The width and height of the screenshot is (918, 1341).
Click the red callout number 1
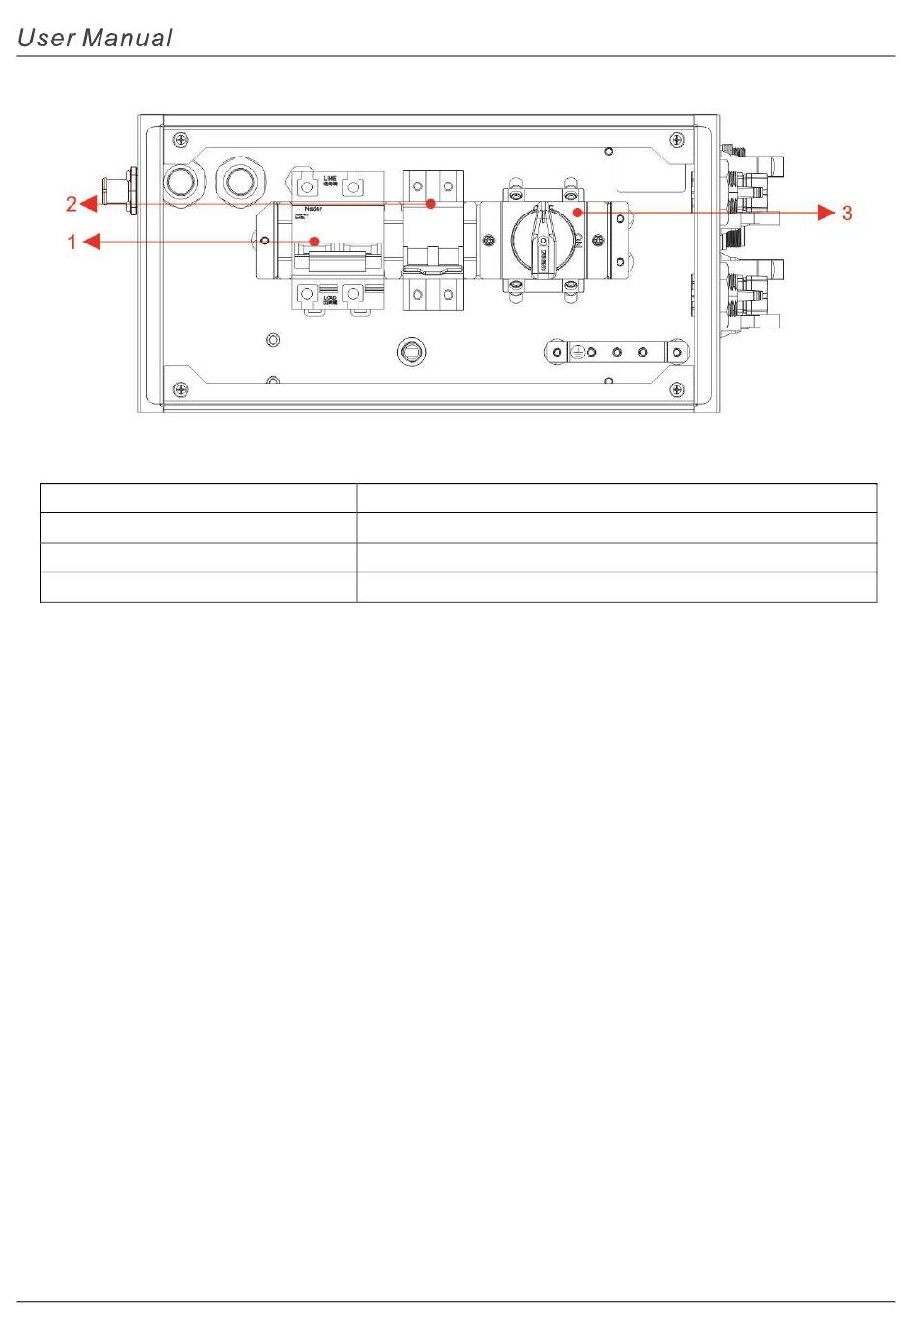[72, 242]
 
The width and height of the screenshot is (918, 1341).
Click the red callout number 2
[71, 204]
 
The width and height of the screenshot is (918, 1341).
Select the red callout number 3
[846, 213]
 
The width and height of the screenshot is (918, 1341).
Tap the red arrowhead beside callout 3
[826, 212]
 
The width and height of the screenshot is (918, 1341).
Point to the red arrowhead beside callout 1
[91, 242]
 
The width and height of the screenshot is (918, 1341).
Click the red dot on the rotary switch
[577, 212]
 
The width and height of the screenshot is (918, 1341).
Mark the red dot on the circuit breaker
[314, 242]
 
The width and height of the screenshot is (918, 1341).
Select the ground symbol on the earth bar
[577, 352]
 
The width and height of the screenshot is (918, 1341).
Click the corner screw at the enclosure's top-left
[181, 138]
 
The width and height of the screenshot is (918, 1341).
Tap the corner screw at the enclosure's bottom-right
[678, 390]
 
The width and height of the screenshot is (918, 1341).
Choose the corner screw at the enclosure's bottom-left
[181, 390]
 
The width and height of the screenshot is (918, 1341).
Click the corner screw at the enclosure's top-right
[678, 138]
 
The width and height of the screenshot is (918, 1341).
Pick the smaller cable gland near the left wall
[183, 182]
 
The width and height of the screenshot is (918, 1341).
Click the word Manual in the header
[127, 38]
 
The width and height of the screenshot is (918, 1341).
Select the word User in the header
[45, 38]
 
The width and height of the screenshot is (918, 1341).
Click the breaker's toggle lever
[337, 262]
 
